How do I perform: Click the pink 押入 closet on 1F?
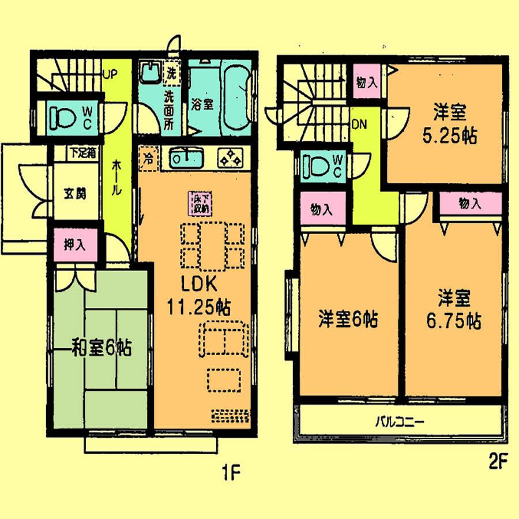[76, 244]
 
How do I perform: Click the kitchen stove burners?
[233, 156]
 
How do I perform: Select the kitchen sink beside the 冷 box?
[185, 157]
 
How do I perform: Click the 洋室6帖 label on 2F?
[348, 319]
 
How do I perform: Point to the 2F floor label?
[498, 461]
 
